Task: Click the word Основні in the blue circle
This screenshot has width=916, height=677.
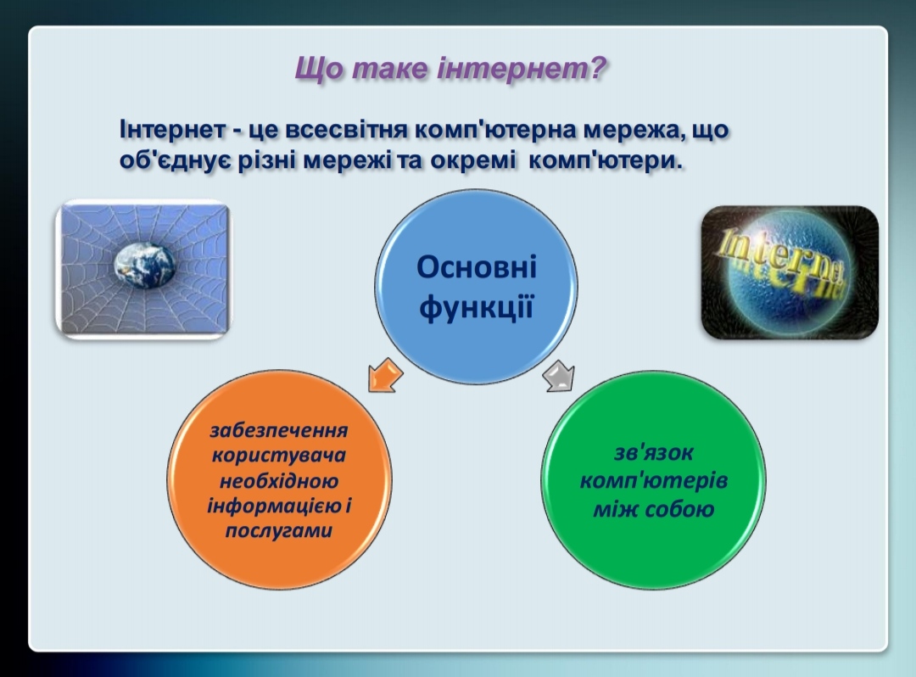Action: point(477,267)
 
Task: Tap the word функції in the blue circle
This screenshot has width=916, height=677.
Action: point(477,306)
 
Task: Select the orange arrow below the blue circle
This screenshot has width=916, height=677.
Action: point(385,375)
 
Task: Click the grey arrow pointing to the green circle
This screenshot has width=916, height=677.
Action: point(559,376)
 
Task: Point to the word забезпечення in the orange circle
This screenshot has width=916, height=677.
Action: point(279,430)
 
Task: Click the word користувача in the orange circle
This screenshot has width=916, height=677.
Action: point(279,455)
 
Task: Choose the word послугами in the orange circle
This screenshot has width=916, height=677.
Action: point(279,530)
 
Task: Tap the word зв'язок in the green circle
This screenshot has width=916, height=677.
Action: point(654,452)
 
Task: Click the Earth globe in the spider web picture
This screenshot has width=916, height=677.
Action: point(144,266)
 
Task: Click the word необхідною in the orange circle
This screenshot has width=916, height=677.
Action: point(279,481)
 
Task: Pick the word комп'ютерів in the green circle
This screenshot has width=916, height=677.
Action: point(654,481)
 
